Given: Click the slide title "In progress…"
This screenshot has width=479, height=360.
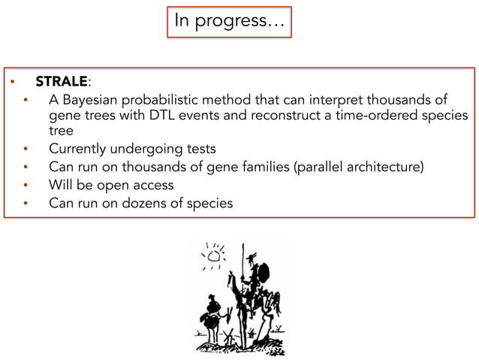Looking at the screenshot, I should tap(229, 21).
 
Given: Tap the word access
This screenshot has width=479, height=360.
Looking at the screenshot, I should tap(152, 184).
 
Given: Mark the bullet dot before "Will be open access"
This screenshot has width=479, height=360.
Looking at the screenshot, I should tap(27, 185).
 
